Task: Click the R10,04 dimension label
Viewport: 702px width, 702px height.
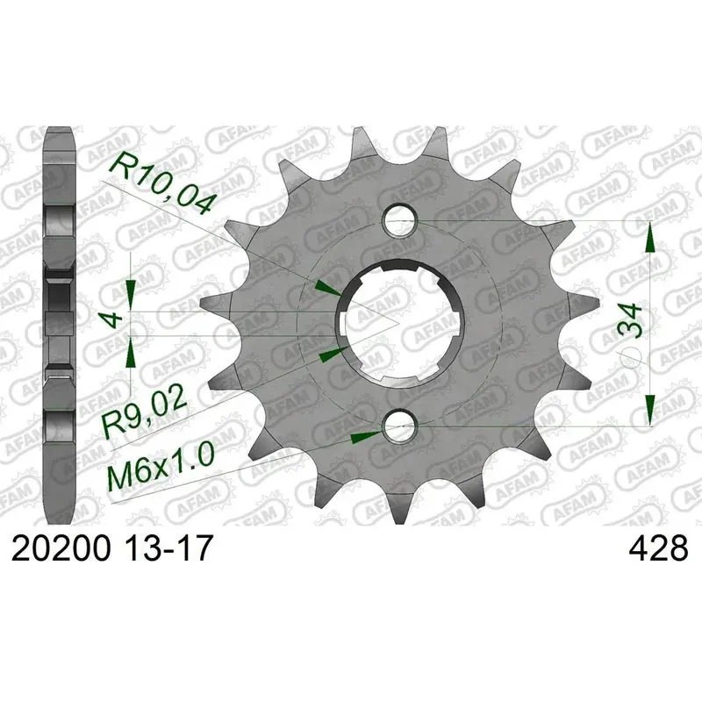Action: pos(161,183)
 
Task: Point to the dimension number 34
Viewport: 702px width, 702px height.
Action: pos(630,320)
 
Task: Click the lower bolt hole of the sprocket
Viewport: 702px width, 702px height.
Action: pos(400,426)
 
